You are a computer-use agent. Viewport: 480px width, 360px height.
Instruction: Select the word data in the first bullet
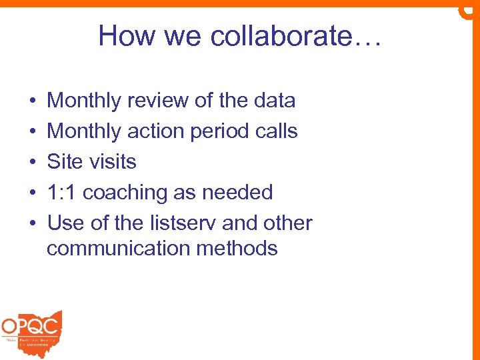[273, 101]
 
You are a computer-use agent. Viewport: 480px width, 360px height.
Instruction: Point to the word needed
[238, 193]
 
